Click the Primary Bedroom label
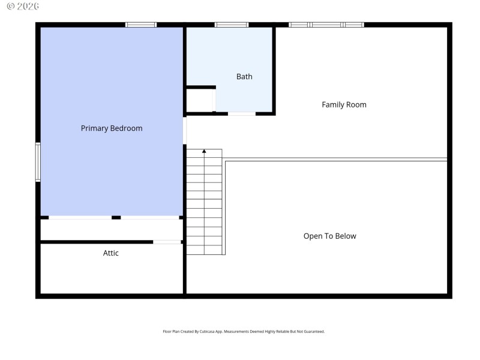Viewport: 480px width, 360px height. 112,128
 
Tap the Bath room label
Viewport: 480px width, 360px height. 244,77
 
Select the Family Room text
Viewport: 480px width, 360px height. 344,105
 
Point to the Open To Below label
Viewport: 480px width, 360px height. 329,236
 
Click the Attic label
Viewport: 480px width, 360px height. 111,253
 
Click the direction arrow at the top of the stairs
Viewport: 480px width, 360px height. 204,151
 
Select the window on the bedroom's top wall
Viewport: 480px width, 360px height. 141,25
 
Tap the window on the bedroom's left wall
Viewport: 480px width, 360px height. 38,162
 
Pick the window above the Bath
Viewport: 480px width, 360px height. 232,25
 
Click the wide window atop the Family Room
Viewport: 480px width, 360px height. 326,25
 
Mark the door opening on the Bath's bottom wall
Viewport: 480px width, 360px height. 242,113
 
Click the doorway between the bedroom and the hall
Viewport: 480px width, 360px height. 185,130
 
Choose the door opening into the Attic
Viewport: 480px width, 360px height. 167,242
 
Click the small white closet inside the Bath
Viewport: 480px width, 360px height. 200,101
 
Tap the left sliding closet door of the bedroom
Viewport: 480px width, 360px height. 80,217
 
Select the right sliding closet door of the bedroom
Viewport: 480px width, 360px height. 150,217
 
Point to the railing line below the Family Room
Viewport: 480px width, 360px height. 336,160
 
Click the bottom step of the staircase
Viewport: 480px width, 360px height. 204,250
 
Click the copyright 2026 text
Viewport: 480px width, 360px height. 23,6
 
